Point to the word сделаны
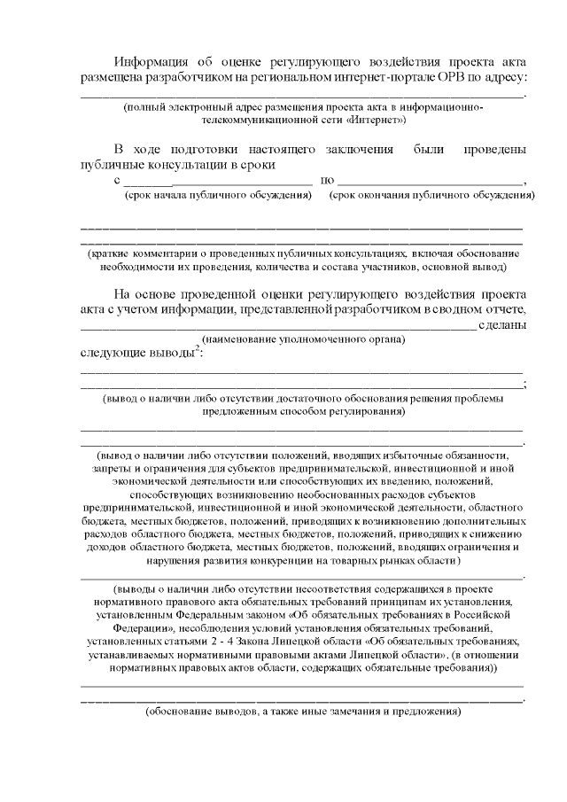tap(502, 325)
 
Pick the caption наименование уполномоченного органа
tap(304, 339)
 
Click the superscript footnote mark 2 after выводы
tap(197, 349)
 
